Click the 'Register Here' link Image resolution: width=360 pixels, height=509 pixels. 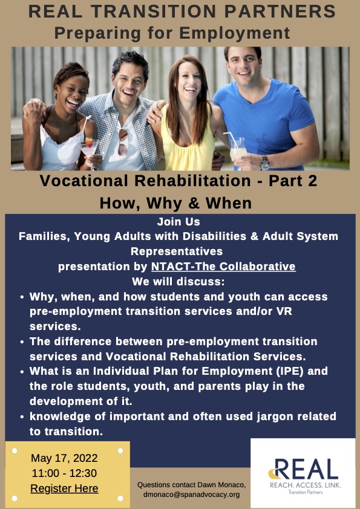64,488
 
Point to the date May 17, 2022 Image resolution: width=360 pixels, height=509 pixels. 64,458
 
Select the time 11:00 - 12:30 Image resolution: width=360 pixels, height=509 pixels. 64,473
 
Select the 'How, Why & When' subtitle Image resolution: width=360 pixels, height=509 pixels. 175,202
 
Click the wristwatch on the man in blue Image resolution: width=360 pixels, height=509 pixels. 265,162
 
